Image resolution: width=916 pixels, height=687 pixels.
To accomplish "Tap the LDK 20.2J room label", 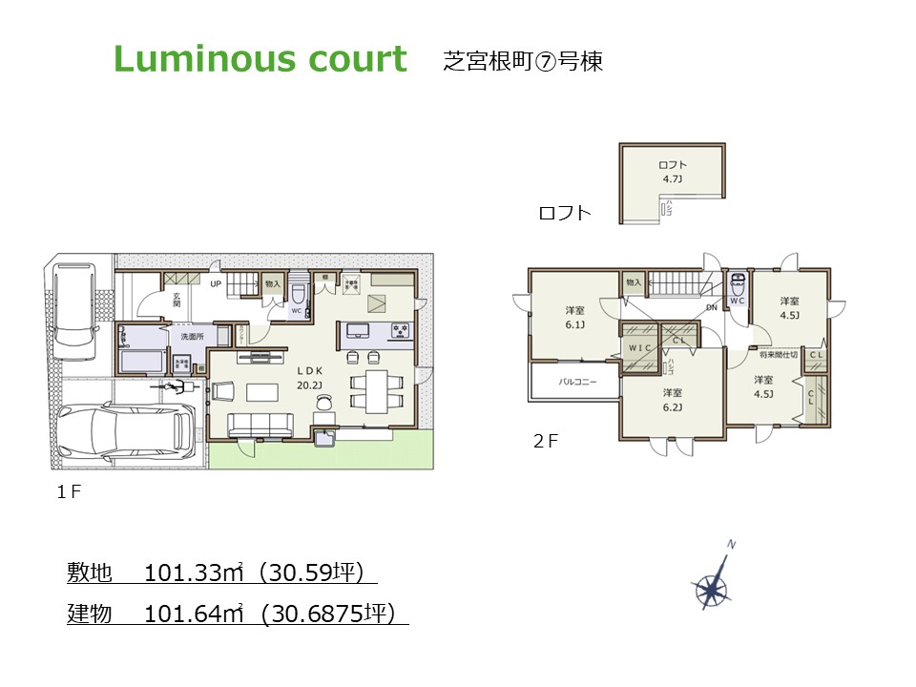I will (x=309, y=376).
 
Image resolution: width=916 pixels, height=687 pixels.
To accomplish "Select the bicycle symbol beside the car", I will (x=174, y=387).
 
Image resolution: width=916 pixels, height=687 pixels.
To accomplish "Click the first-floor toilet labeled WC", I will (x=297, y=296).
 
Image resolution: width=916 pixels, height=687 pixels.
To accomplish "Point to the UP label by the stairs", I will (x=216, y=284).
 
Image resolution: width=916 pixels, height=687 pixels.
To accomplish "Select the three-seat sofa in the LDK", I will (x=260, y=425).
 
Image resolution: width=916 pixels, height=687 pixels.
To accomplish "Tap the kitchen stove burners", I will (x=400, y=331).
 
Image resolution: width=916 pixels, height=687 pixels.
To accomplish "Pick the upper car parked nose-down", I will (x=75, y=303).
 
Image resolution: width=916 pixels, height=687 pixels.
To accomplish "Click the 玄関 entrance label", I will (x=177, y=300).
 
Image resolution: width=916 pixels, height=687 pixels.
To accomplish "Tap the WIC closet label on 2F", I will (x=637, y=348).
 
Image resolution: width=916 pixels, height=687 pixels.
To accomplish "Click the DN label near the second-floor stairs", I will (x=711, y=308).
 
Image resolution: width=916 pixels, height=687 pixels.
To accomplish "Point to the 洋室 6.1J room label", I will (x=574, y=317).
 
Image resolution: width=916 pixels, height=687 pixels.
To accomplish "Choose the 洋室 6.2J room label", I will (x=673, y=399).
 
